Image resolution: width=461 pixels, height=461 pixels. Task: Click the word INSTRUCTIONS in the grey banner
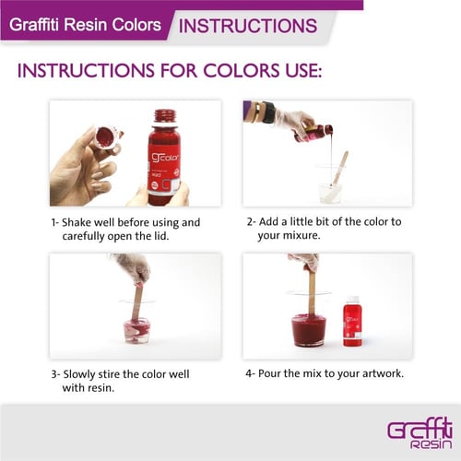pyautogui.click(x=248, y=26)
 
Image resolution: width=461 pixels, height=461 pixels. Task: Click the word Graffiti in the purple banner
pyautogui.click(x=34, y=25)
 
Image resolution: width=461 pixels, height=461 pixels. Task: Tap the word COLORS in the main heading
pyautogui.click(x=242, y=71)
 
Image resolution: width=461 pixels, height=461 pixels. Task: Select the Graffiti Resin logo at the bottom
pyautogui.click(x=420, y=434)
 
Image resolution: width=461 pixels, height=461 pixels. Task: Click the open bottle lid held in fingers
pyautogui.click(x=108, y=139)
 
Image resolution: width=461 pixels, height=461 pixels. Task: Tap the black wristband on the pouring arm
pyautogui.click(x=267, y=112)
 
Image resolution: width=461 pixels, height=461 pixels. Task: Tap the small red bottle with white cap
pyautogui.click(x=352, y=321)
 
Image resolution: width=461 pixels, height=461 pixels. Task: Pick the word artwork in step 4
pyautogui.click(x=383, y=373)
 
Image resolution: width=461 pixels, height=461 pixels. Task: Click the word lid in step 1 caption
pyautogui.click(x=161, y=236)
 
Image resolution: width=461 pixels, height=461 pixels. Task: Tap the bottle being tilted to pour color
pyautogui.click(x=313, y=133)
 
